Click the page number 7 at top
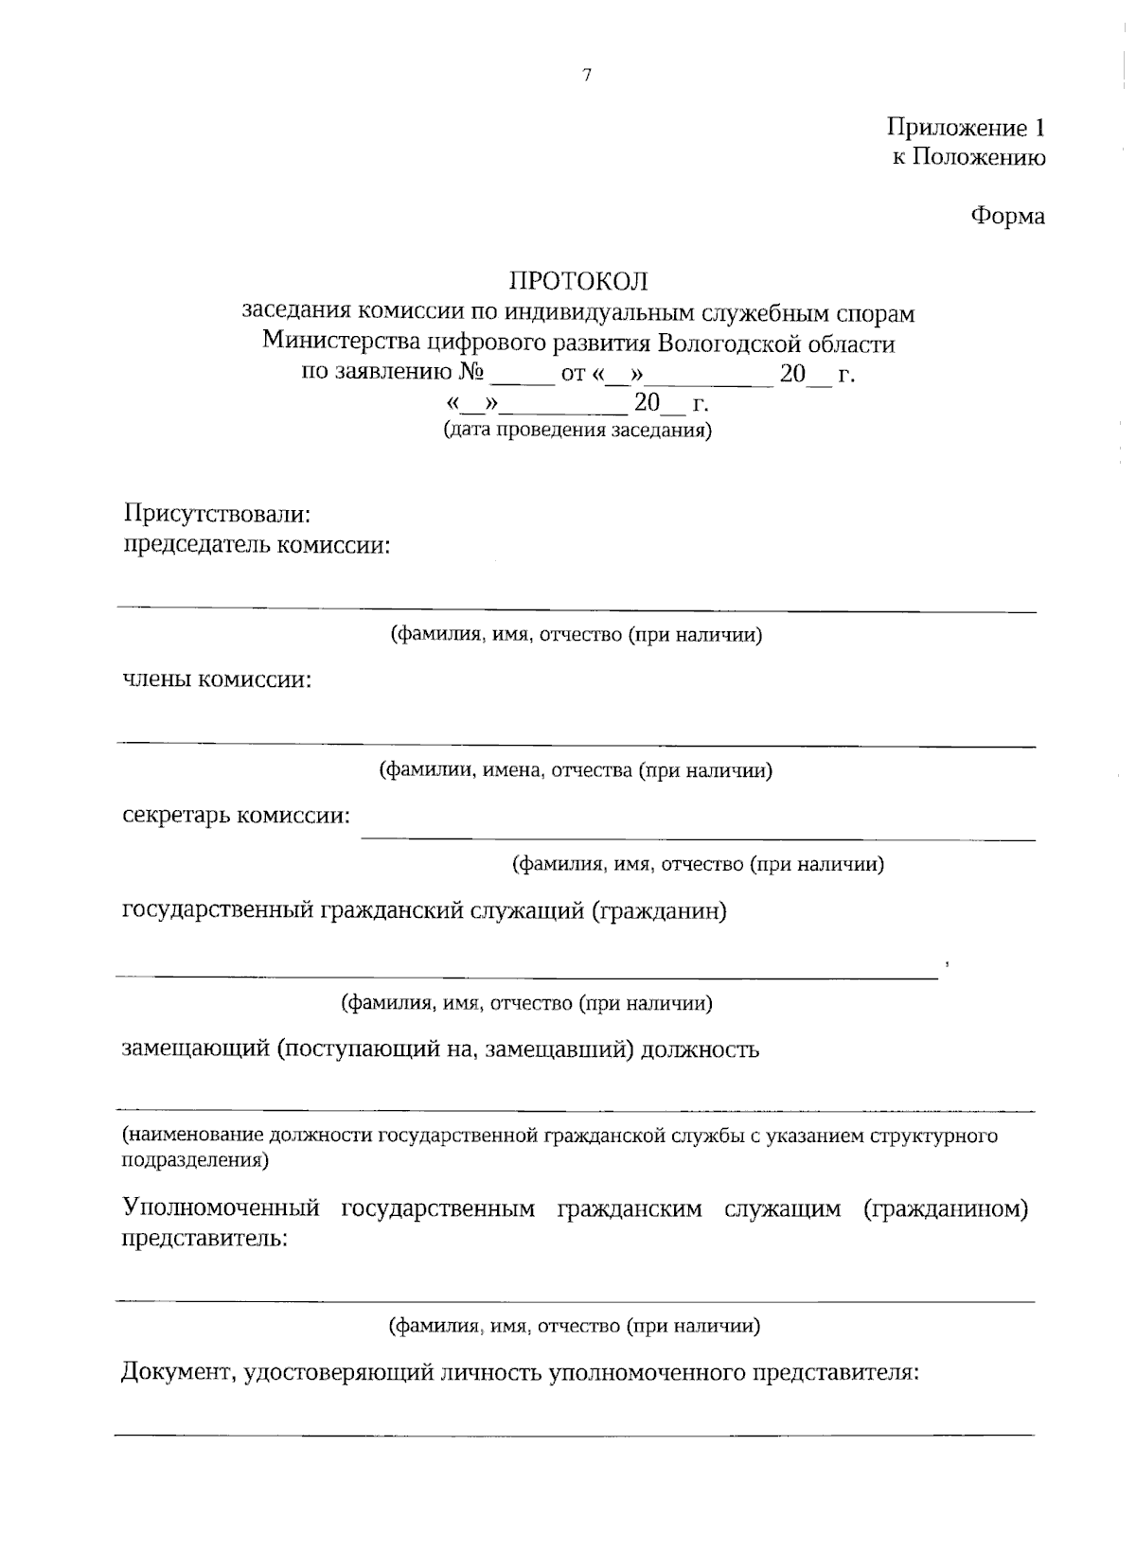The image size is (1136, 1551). coord(587,76)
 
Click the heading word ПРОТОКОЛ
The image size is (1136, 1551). coord(578,281)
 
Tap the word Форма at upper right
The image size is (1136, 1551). coord(1007,217)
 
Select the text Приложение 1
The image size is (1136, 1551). coord(966,128)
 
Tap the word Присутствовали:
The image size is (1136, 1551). coord(217,515)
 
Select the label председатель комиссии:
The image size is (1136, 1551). coord(257,546)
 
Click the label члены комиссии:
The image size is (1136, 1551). coord(217,679)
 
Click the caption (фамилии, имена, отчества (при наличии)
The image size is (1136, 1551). coord(576,770)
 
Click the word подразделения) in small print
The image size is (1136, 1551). coord(195,1159)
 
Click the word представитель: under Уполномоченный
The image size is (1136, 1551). coord(204,1239)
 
